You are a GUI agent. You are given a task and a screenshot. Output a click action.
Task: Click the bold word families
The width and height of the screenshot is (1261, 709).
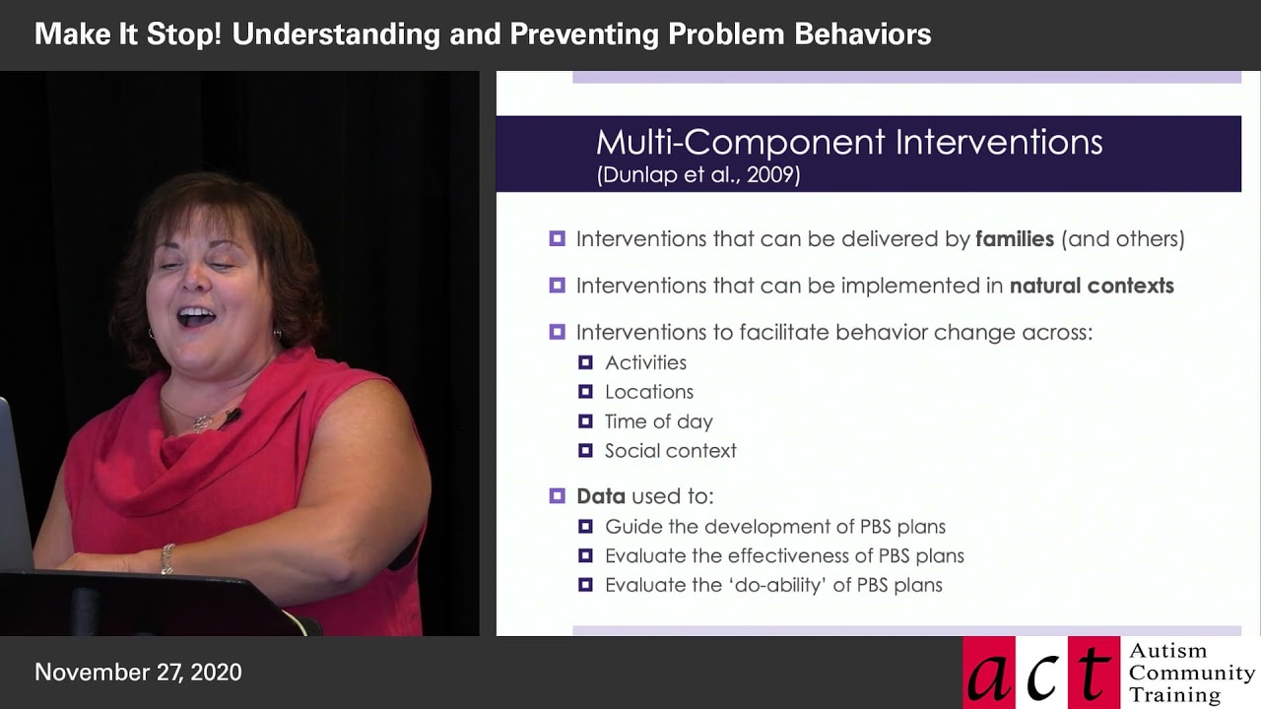[x=1015, y=239]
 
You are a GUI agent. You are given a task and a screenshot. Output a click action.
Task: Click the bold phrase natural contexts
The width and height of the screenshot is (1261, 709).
[x=1092, y=287]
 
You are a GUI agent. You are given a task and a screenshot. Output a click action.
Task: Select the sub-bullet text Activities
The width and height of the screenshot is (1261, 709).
[x=645, y=363]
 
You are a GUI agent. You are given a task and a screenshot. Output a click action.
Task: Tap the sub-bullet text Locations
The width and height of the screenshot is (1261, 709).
[x=649, y=392]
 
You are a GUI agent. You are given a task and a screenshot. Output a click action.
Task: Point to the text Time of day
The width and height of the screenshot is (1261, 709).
[x=658, y=421]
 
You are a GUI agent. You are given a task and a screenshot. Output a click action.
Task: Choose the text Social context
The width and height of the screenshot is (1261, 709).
[x=670, y=451]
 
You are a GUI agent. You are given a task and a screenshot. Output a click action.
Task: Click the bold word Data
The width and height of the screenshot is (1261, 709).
[x=601, y=496]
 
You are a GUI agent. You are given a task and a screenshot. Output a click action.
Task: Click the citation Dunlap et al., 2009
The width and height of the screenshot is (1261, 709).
[x=697, y=175]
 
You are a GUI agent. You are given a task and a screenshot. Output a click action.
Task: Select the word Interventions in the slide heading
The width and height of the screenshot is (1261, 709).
[x=998, y=143]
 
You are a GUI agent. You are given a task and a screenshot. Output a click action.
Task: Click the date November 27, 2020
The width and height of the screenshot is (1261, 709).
[x=138, y=673]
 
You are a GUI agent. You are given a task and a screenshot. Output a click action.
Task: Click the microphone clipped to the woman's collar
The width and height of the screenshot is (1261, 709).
[x=232, y=416]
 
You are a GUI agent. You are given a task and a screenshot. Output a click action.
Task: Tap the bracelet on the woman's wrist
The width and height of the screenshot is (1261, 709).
[x=167, y=558]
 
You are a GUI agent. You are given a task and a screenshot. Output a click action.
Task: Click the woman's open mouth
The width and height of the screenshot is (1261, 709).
[x=195, y=317]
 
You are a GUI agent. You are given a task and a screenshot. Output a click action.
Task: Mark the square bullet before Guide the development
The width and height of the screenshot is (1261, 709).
[x=585, y=527]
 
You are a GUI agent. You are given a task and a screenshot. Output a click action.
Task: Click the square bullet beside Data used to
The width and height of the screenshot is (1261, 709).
[x=558, y=496]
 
